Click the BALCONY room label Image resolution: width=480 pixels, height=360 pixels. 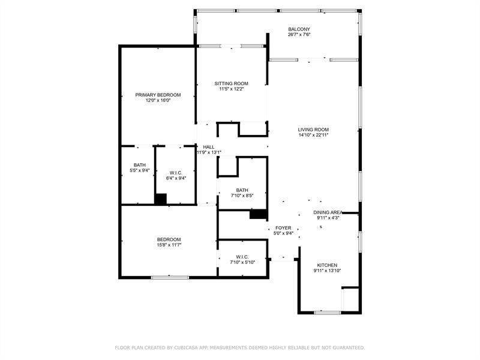click(x=298, y=29)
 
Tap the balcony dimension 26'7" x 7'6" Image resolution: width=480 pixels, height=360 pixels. click(x=298, y=35)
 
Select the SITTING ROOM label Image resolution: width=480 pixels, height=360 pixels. click(x=232, y=83)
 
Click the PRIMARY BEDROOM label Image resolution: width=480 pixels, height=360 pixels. click(x=158, y=95)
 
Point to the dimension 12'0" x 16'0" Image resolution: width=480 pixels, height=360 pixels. click(x=158, y=101)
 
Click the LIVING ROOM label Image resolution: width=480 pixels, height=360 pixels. click(x=313, y=130)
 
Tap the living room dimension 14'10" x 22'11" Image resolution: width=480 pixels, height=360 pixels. click(x=313, y=136)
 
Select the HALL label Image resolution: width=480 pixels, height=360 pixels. click(x=208, y=147)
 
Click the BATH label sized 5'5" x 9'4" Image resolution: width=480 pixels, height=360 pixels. click(x=139, y=165)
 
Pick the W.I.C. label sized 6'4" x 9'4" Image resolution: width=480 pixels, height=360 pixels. click(x=176, y=172)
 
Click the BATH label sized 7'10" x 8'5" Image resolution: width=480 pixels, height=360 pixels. click(x=242, y=190)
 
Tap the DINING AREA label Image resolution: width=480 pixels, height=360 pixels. click(x=328, y=212)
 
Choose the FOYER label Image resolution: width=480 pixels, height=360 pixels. click(x=283, y=228)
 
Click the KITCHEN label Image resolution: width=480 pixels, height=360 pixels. click(x=327, y=265)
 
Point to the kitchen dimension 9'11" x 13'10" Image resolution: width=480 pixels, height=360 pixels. click(x=327, y=271)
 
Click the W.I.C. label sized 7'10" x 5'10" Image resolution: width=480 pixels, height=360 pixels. click(x=242, y=257)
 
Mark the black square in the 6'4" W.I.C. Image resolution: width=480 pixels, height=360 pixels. click(x=160, y=199)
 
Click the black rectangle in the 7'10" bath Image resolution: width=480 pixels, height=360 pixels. click(x=258, y=214)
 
